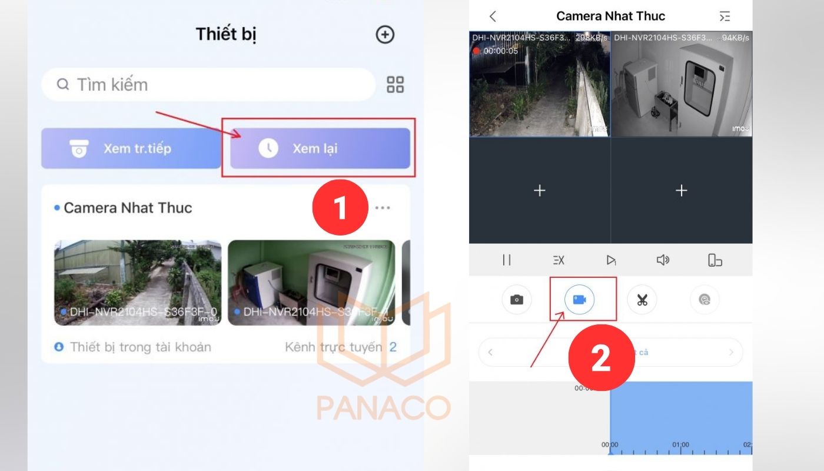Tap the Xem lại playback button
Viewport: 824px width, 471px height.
coord(320,148)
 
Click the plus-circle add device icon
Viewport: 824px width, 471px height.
coord(385,35)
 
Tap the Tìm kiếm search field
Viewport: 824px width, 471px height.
coord(208,85)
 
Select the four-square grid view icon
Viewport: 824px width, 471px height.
coord(395,85)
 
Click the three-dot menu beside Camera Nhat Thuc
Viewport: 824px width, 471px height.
coord(383,208)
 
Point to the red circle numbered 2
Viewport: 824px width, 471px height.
coord(601,358)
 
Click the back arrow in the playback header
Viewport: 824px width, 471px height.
coord(493,16)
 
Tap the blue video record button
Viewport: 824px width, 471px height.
coord(579,300)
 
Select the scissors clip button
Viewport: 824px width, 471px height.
coord(642,300)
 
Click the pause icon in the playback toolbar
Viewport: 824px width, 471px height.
coord(507,260)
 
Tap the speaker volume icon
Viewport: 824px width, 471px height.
coord(663,260)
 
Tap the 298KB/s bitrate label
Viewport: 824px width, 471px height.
coord(590,38)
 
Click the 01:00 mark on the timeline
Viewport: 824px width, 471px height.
coord(681,445)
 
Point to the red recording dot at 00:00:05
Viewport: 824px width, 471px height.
coord(476,51)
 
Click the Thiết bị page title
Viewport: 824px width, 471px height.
coord(226,34)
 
